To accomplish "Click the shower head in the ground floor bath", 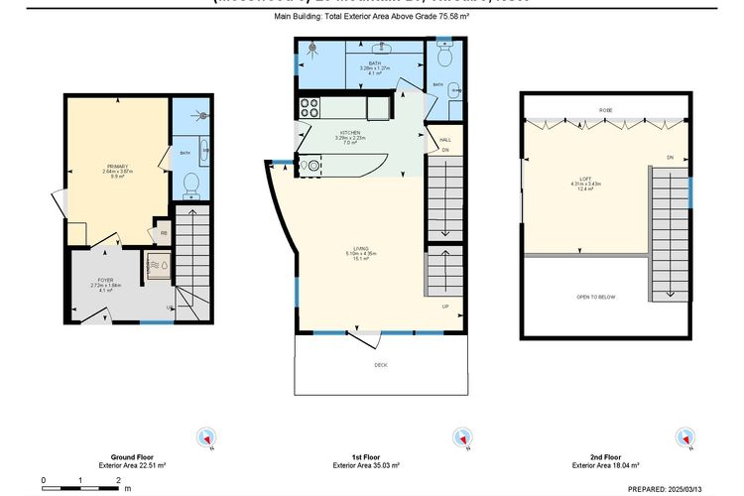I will pyautogui.click(x=204, y=114).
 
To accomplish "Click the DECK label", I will pyautogui.click(x=380, y=366).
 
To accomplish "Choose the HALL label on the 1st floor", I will pyautogui.click(x=445, y=140).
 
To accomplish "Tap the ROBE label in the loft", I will pyautogui.click(x=604, y=109).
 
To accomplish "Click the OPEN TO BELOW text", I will pyautogui.click(x=597, y=297).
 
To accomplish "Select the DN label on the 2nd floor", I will pyautogui.click(x=671, y=158).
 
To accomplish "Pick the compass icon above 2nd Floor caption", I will pyautogui.click(x=683, y=437).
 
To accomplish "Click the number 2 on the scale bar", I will pyautogui.click(x=118, y=481).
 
